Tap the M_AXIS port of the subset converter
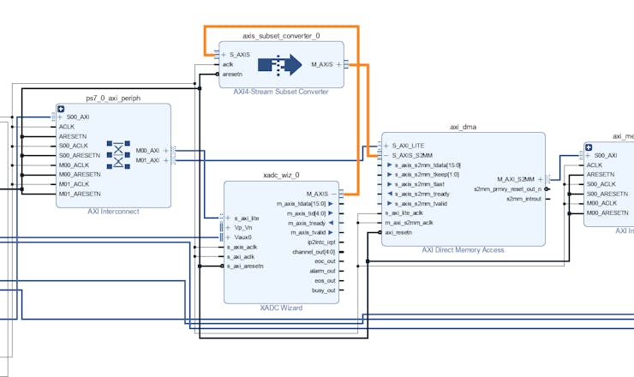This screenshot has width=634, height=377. [323, 64]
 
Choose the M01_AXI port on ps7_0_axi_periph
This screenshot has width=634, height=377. [148, 160]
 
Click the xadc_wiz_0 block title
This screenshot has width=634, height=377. [280, 175]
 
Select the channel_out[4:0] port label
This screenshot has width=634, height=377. [314, 252]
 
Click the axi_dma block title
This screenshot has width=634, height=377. [463, 127]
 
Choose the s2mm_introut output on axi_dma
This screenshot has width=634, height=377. [524, 199]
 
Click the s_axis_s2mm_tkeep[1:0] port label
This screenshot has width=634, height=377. [428, 174]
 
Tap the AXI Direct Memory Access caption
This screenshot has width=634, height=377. [463, 250]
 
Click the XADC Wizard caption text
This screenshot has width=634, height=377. [282, 308]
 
